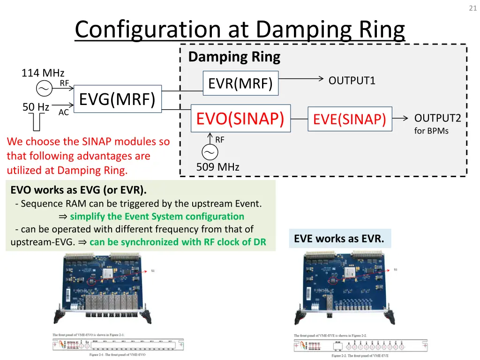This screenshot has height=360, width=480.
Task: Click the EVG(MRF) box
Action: point(117,99)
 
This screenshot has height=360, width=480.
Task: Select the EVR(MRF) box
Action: point(240,83)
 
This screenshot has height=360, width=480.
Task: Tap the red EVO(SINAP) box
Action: point(240,119)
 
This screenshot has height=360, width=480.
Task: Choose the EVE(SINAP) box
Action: point(349,119)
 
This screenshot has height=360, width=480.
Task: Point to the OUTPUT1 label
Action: point(352,81)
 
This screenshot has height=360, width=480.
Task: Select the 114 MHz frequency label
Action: point(43,73)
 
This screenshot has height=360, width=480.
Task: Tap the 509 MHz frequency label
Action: point(217,167)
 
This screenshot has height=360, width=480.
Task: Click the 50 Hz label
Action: point(36,107)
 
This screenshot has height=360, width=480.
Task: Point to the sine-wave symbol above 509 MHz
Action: point(210,152)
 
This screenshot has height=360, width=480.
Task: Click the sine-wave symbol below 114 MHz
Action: point(44,89)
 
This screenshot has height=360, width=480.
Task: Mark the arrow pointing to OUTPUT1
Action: point(300,79)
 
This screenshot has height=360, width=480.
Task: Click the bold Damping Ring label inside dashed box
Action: point(234,57)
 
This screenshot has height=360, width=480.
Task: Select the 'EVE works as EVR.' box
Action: point(339,239)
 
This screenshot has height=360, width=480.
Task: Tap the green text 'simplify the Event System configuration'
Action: point(157,217)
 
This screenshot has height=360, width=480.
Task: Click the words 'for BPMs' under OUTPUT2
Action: point(431,131)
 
